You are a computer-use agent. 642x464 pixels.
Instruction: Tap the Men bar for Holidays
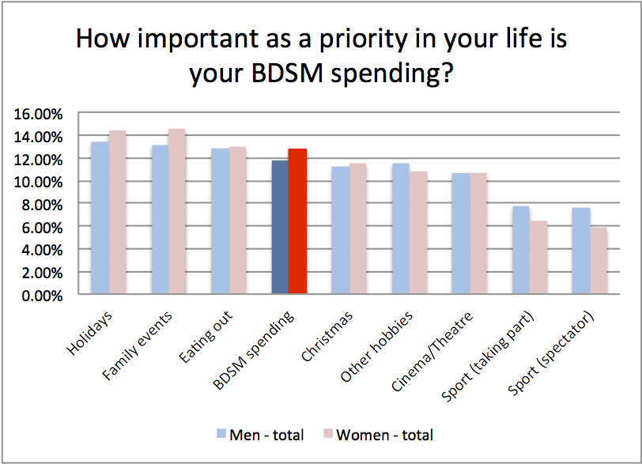tap(100, 218)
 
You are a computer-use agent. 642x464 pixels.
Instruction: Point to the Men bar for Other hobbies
tap(400, 229)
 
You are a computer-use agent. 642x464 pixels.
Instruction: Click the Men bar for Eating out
tap(220, 222)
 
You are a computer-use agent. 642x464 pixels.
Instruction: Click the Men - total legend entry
tap(260, 434)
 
